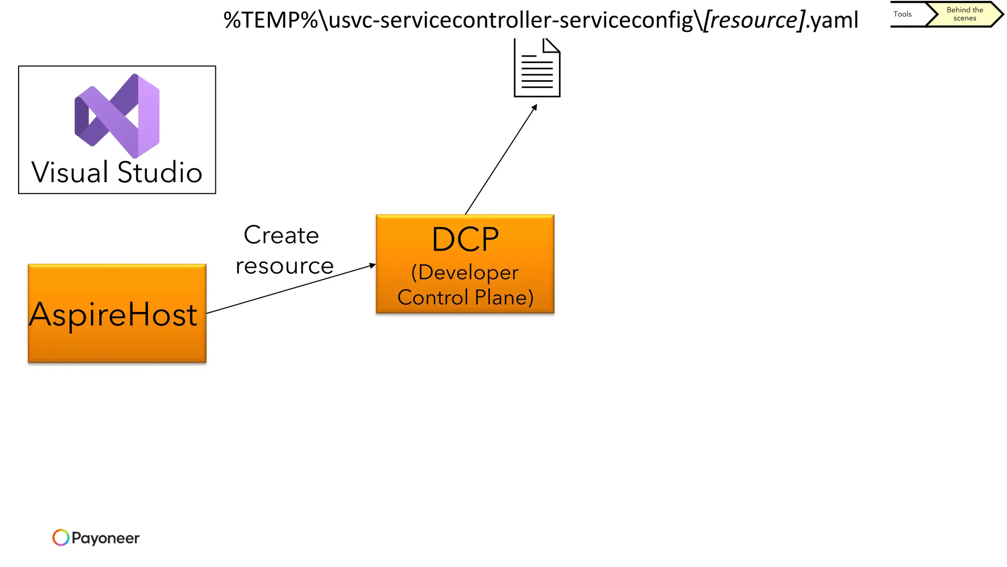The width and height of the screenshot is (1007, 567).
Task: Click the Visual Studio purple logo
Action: pyautogui.click(x=117, y=116)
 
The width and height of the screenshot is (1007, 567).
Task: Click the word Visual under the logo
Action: pyautogui.click(x=70, y=173)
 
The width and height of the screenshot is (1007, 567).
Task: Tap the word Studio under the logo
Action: pyautogui.click(x=160, y=173)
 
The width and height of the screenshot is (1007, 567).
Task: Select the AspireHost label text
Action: pyautogui.click(x=113, y=315)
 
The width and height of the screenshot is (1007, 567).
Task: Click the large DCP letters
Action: pyautogui.click(x=465, y=240)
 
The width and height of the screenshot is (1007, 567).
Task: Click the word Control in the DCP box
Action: pyautogui.click(x=433, y=297)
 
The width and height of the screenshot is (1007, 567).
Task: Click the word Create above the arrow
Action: pyautogui.click(x=281, y=235)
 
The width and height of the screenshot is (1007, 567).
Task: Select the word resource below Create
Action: pyautogui.click(x=285, y=266)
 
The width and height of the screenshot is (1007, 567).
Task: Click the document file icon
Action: pyautogui.click(x=537, y=69)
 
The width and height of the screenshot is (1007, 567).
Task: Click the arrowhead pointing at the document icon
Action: pyautogui.click(x=534, y=107)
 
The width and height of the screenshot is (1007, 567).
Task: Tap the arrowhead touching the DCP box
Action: pyautogui.click(x=372, y=266)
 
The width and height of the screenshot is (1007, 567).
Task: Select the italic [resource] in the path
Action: pyautogui.click(x=754, y=21)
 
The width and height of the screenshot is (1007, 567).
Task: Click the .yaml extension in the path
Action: pyautogui.click(x=832, y=21)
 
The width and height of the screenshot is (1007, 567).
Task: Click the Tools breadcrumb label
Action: pyautogui.click(x=902, y=14)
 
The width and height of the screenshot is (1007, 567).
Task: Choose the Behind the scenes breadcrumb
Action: pyautogui.click(x=965, y=14)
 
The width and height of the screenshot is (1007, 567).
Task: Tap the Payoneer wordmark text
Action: pyautogui.click(x=105, y=538)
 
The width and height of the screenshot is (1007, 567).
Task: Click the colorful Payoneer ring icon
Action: pyautogui.click(x=60, y=537)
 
